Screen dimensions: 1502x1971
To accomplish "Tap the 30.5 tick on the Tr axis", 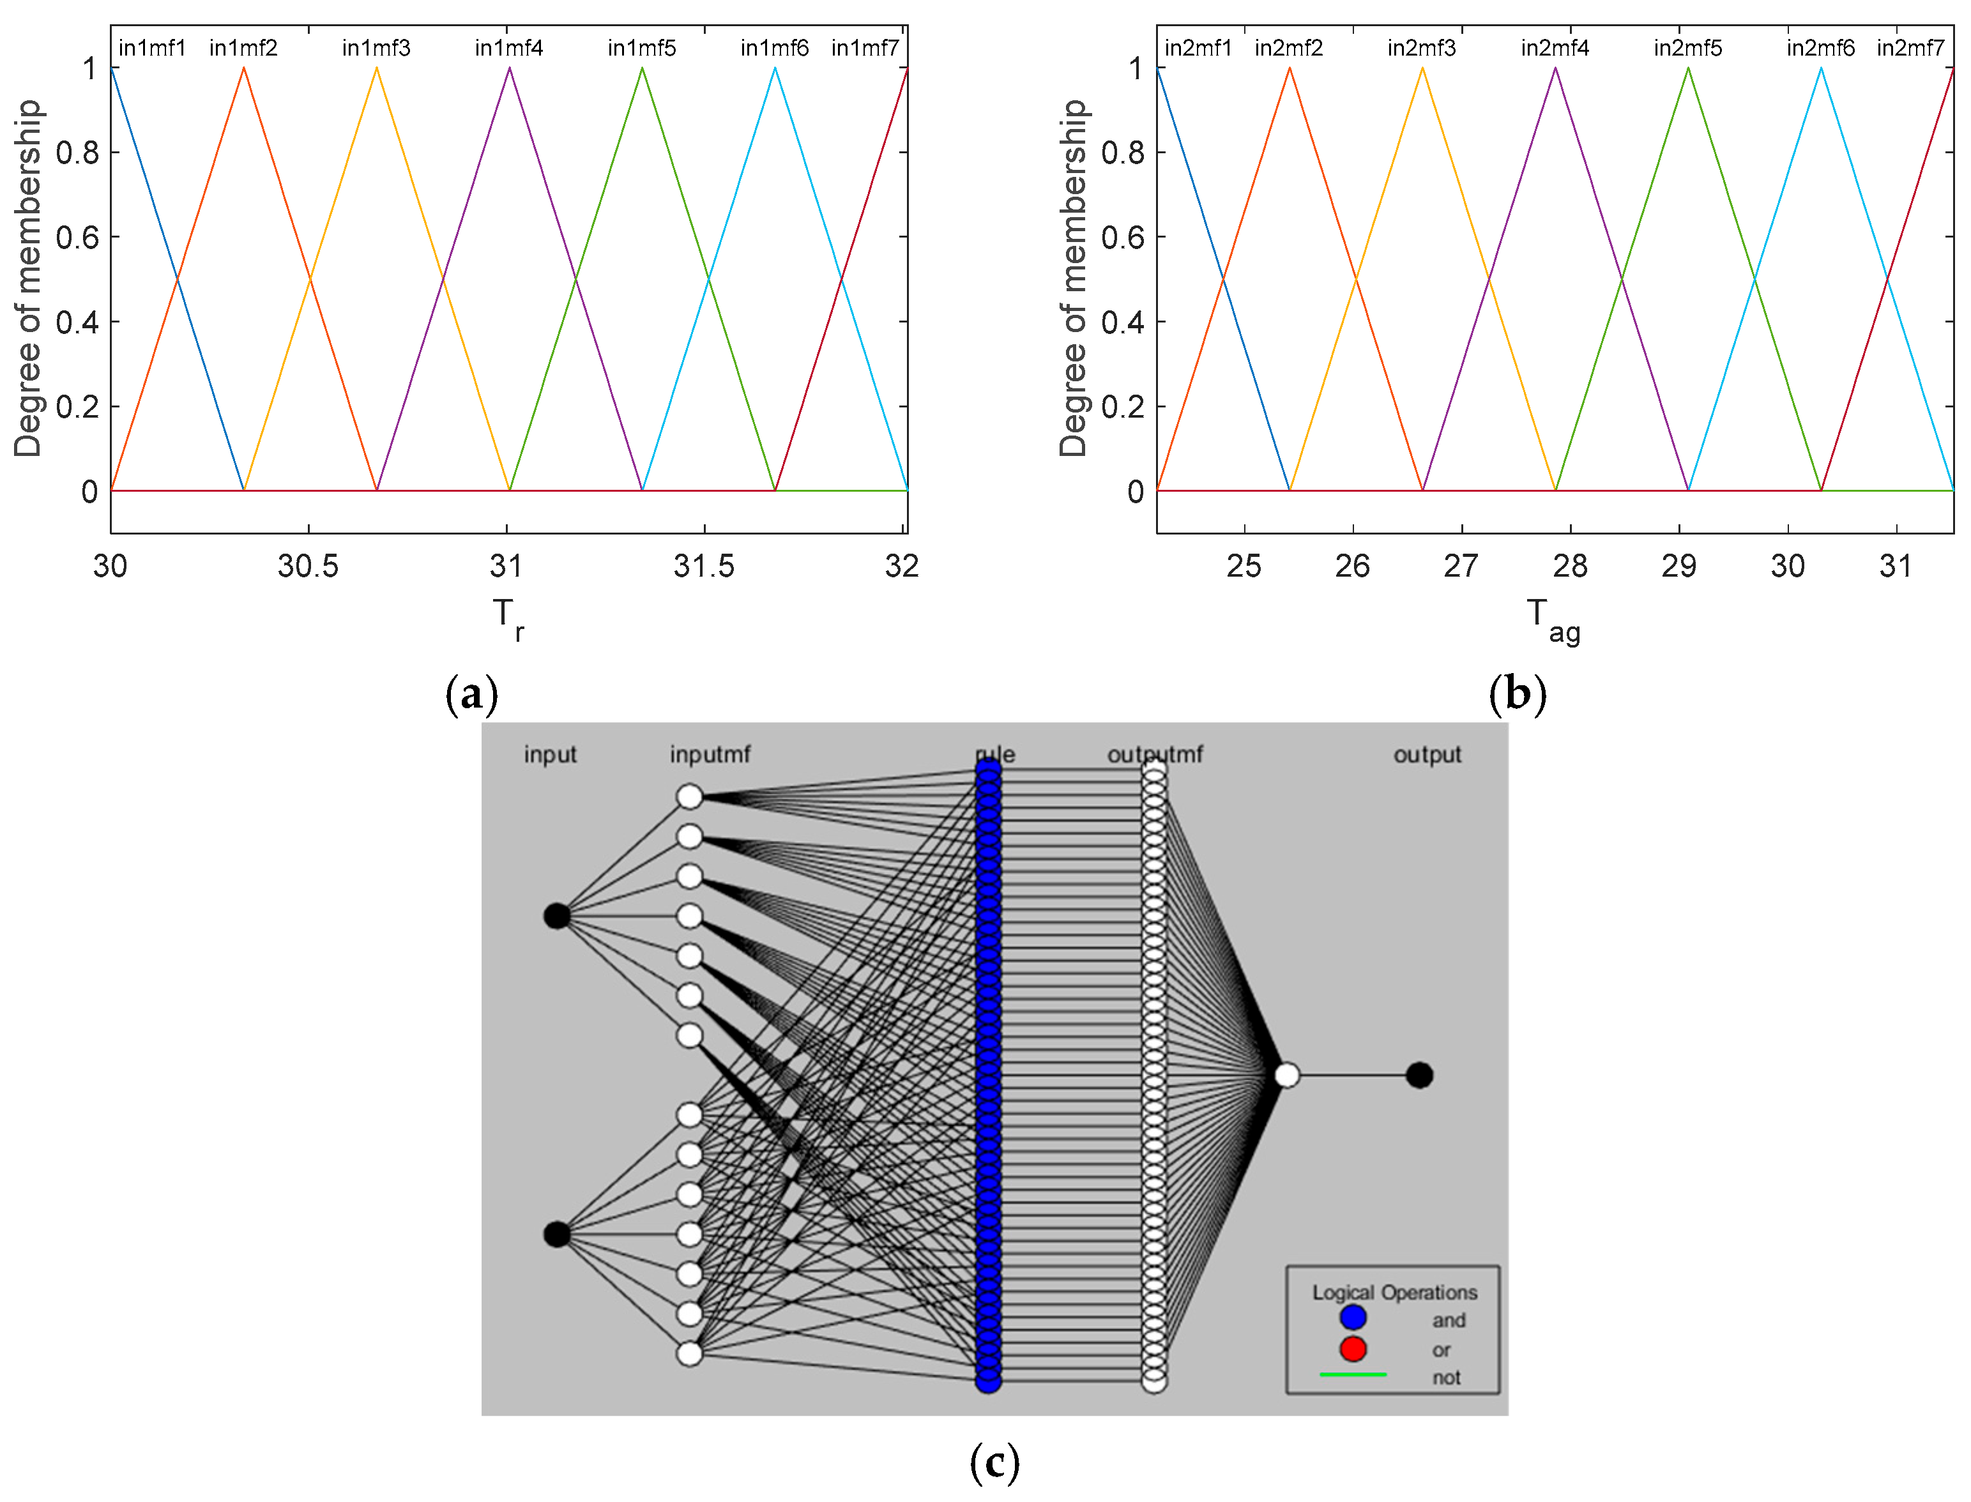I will [308, 566].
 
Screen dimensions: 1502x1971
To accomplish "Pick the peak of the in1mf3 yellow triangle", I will [376, 68].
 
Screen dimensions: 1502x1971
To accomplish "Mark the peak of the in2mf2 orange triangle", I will [1289, 68].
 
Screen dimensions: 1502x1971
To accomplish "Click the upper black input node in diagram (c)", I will [556, 916].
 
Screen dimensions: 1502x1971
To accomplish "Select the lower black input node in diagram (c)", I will [556, 1234].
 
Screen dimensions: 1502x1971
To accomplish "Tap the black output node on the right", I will [1419, 1075].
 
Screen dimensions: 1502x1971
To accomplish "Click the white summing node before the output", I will [1286, 1075].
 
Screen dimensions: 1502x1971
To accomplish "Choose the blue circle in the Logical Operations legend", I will [1352, 1317].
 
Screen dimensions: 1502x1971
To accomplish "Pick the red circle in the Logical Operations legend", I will [1352, 1348].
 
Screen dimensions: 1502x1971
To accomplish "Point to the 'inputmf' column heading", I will [710, 755].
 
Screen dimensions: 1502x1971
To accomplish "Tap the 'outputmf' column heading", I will [1155, 755].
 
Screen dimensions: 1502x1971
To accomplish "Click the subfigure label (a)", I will [471, 695].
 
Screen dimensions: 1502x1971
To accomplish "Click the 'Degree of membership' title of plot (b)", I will [1072, 277].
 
